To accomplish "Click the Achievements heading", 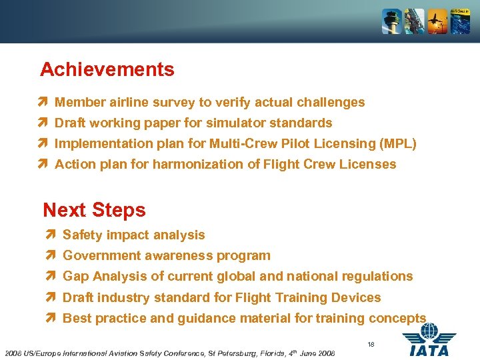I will pyautogui.click(x=107, y=69).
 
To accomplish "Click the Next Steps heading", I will pyautogui.click(x=94, y=210).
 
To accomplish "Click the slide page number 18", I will pyautogui.click(x=371, y=345).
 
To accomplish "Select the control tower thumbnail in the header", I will pyautogui.click(x=391, y=21).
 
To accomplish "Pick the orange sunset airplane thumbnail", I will pyautogui.click(x=437, y=21).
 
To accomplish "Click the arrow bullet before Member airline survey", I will pyautogui.click(x=43, y=102).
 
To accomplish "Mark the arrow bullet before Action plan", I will pyautogui.click(x=43, y=164).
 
